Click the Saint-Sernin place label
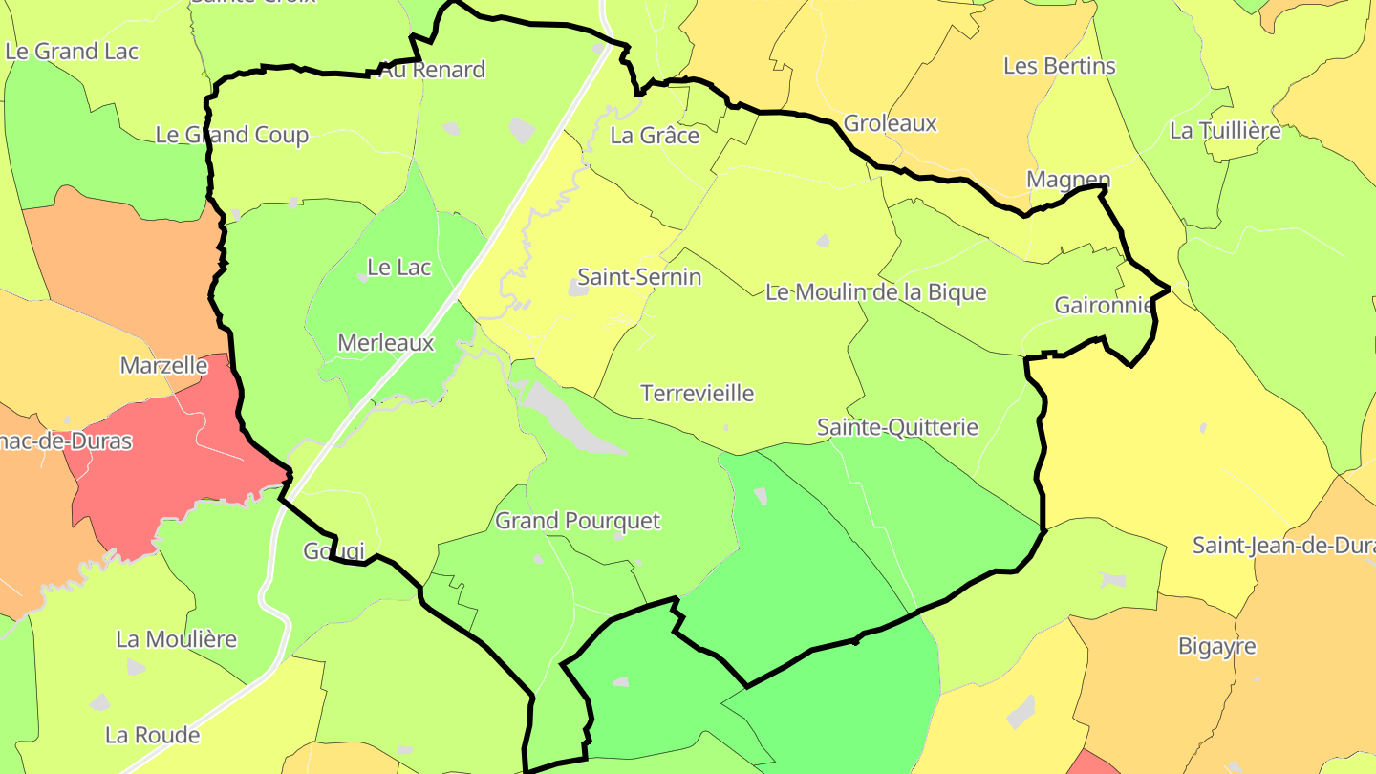tap(639, 277)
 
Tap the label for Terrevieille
tap(698, 393)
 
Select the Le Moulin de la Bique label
tap(875, 291)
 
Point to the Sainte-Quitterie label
tap(897, 427)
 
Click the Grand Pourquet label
tap(577, 521)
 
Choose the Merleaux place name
tap(386, 342)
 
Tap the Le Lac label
tap(399, 267)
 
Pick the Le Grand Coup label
tap(232, 135)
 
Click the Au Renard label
tap(432, 70)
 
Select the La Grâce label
tap(655, 135)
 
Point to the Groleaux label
tap(890, 123)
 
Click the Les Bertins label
tap(1059, 66)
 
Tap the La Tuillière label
tap(1225, 131)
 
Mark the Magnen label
tap(1068, 180)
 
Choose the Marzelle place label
tap(163, 365)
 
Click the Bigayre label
tap(1216, 646)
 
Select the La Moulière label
tap(177, 639)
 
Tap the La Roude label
tap(153, 735)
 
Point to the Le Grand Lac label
tap(72, 51)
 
